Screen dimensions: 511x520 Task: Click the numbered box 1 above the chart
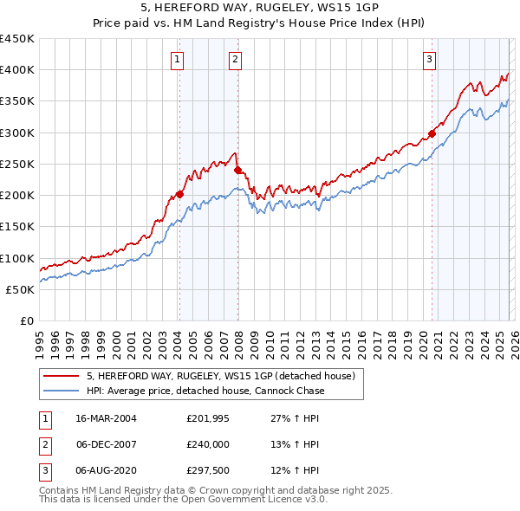coord(177,60)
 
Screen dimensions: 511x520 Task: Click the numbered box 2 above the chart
coord(236,60)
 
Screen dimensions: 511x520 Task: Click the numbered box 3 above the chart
coord(430,60)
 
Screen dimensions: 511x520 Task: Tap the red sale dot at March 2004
coord(180,194)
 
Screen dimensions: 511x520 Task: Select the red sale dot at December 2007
coord(237,171)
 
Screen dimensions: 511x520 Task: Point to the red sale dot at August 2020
coord(432,134)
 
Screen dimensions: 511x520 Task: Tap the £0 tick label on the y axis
coord(26,321)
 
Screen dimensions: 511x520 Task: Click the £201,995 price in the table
coord(206,417)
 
